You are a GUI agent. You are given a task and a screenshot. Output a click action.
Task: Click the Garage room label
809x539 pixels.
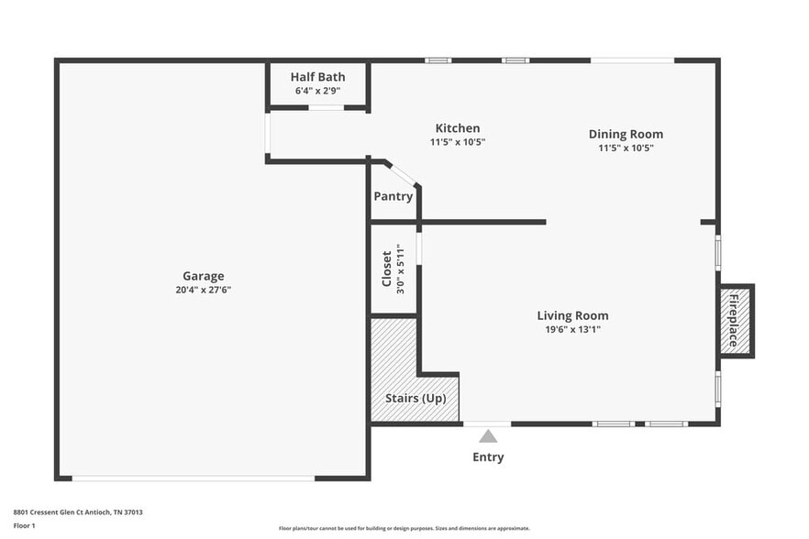[203, 275]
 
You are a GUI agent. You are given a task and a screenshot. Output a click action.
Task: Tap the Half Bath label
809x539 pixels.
[317, 77]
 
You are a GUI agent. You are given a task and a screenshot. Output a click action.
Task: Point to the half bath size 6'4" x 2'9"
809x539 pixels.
[317, 92]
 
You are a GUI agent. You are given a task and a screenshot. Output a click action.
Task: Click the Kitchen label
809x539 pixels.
[457, 128]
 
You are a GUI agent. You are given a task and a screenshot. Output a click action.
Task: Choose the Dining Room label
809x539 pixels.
[626, 134]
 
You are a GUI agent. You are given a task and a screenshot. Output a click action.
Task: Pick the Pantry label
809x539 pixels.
[393, 196]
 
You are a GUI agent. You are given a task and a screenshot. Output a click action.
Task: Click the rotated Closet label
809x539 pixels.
[387, 269]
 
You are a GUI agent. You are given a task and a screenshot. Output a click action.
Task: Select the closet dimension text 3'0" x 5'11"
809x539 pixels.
[401, 269]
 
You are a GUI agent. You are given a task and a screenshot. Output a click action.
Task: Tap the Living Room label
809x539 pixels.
[572, 315]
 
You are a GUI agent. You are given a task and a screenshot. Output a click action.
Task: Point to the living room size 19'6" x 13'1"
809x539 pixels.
[572, 330]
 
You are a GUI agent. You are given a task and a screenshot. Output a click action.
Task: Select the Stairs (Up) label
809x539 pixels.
[415, 398]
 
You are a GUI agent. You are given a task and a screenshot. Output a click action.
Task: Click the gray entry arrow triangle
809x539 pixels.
[488, 436]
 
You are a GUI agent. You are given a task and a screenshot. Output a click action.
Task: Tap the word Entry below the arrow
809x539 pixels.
[488, 456]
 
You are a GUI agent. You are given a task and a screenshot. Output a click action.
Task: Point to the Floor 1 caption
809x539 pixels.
[25, 525]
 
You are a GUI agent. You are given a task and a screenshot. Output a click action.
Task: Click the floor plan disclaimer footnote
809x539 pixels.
[404, 528]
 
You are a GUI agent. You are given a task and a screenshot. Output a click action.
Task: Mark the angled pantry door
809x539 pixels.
[401, 173]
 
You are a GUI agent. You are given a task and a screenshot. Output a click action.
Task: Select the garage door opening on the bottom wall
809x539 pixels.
[193, 478]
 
